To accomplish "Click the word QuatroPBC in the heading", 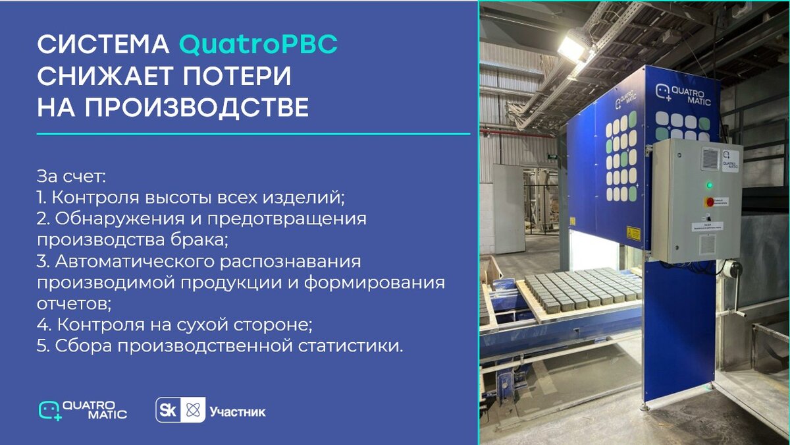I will [258, 45].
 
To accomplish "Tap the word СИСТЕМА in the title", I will [103, 45].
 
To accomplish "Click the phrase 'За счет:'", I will [72, 177].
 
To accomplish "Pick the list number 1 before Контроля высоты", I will [41, 197].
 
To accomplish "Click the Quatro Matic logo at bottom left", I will [82, 410].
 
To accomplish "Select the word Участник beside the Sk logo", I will [238, 412].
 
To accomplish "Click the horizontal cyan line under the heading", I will [253, 134].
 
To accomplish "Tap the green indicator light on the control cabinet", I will [709, 184].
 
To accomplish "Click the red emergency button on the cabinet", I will [710, 202].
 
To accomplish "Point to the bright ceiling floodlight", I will [572, 47].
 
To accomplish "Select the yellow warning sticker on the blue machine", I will [633, 233].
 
